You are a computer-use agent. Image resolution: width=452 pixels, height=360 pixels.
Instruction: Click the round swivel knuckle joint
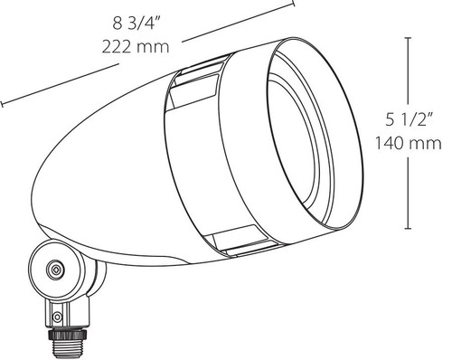tap(57, 269)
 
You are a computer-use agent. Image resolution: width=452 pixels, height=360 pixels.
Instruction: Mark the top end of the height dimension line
tap(412, 38)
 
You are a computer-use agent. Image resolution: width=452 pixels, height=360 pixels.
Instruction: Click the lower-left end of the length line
tap(3, 102)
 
